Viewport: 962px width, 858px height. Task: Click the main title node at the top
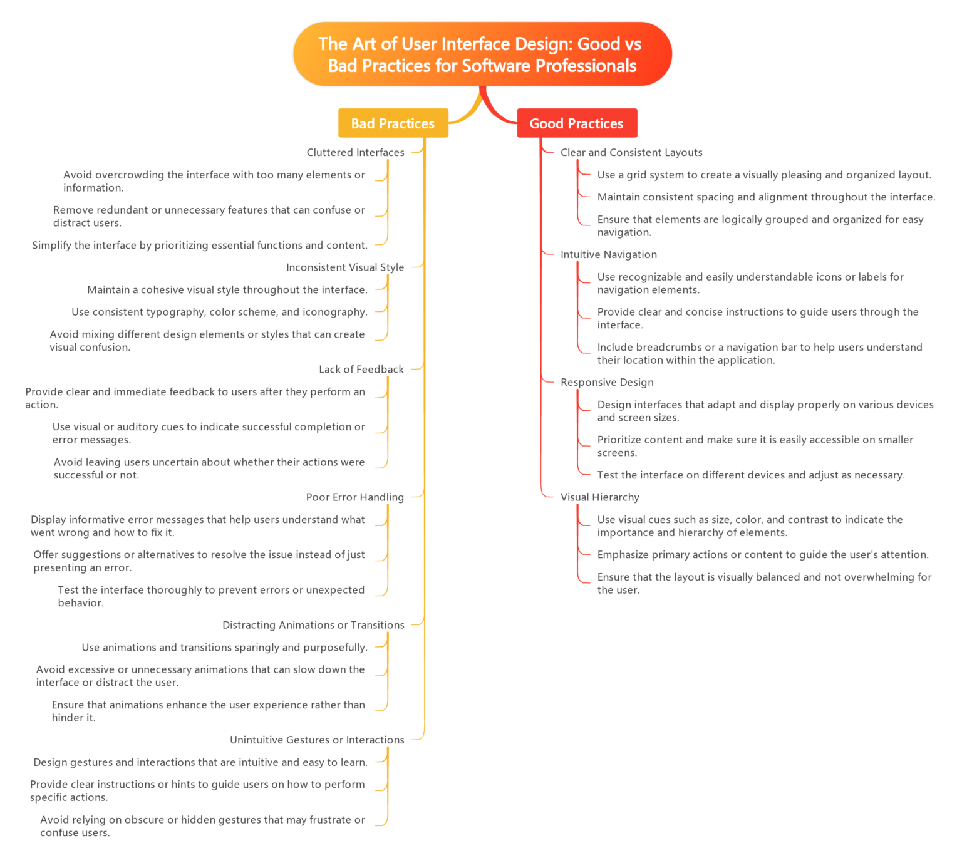[x=482, y=54]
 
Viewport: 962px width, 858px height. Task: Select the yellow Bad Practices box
[x=393, y=123]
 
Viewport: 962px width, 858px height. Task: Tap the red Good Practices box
[x=577, y=123]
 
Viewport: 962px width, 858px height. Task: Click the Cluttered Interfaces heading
[x=355, y=152]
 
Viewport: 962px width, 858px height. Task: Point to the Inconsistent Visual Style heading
[x=345, y=267]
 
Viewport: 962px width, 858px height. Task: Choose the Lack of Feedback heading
[x=361, y=370]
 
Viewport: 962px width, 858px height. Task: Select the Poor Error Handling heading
[x=354, y=497]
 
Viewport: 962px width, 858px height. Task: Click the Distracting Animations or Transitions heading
[x=313, y=625]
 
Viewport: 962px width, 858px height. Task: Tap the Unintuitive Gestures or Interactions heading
[x=317, y=740]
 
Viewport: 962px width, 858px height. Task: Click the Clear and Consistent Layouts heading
[x=631, y=152]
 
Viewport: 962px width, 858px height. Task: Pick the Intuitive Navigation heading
[x=609, y=255]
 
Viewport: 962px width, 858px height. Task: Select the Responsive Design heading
[x=607, y=383]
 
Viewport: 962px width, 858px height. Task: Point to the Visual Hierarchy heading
[x=600, y=497]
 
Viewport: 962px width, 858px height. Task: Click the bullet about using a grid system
[x=764, y=175]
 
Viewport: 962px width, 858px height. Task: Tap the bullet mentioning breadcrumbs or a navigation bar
[x=759, y=354]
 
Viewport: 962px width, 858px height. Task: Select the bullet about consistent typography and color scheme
[x=219, y=312]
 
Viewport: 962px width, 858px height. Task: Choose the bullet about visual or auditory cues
[x=208, y=433]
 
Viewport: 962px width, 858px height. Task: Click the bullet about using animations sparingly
[x=224, y=648]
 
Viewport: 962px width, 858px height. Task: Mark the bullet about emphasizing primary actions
[x=763, y=555]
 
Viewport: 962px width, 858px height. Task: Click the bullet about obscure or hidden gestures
[x=202, y=826]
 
